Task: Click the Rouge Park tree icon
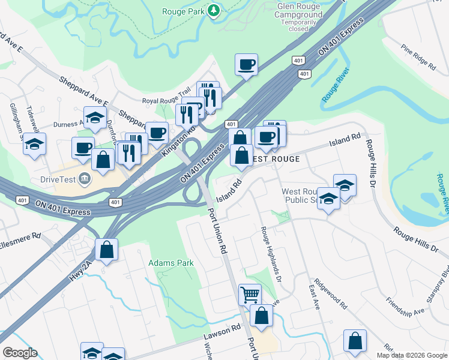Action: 213,11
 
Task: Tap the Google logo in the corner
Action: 20,353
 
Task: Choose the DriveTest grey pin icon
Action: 84,178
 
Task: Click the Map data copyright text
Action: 412,355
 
